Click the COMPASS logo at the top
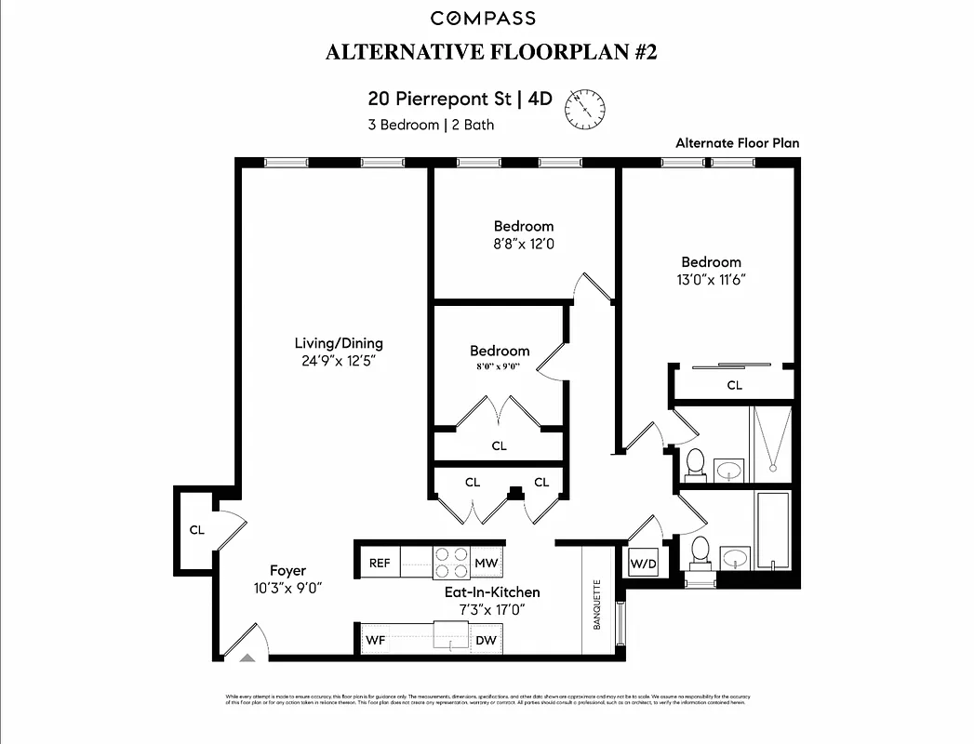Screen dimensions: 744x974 click(483, 18)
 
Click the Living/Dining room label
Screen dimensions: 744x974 click(339, 343)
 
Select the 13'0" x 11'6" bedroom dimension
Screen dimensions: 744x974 click(711, 279)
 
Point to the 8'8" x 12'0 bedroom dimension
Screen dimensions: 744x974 click(524, 244)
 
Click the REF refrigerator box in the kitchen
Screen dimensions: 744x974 click(380, 563)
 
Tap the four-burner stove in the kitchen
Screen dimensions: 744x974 click(452, 563)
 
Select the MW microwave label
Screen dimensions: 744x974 click(486, 563)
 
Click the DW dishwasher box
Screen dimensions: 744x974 click(486, 640)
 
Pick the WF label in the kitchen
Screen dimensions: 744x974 click(375, 640)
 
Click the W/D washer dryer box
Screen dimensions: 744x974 click(643, 564)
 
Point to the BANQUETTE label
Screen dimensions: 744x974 click(597, 604)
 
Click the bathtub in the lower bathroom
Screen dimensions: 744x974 click(772, 529)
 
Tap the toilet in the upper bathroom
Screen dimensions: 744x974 click(695, 462)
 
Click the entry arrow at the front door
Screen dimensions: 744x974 click(247, 657)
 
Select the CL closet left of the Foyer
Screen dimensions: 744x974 click(196, 530)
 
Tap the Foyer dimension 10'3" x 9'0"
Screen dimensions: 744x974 click(288, 588)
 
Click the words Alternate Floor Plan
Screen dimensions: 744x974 click(737, 143)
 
